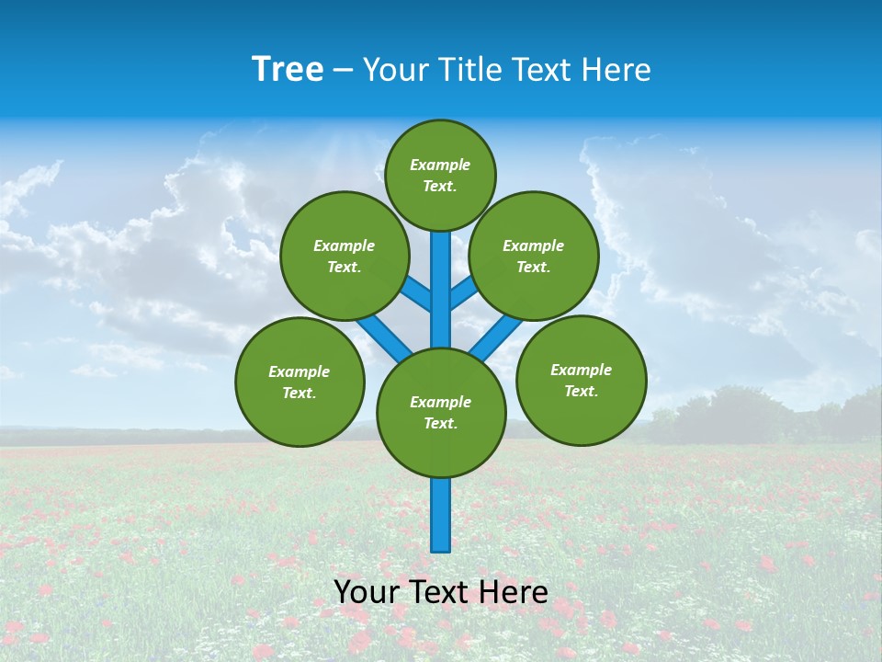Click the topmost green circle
[440, 175]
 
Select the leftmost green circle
[300, 382]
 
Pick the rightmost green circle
[581, 380]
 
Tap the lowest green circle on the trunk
[441, 413]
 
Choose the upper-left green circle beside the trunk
[345, 256]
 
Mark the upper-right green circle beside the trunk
[534, 256]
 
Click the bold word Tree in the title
[288, 69]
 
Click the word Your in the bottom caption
[367, 592]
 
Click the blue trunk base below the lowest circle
[441, 515]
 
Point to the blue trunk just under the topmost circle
[441, 253]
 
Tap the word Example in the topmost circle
[440, 165]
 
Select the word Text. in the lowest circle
[440, 424]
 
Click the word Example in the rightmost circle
[581, 370]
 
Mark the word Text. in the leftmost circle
[299, 394]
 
